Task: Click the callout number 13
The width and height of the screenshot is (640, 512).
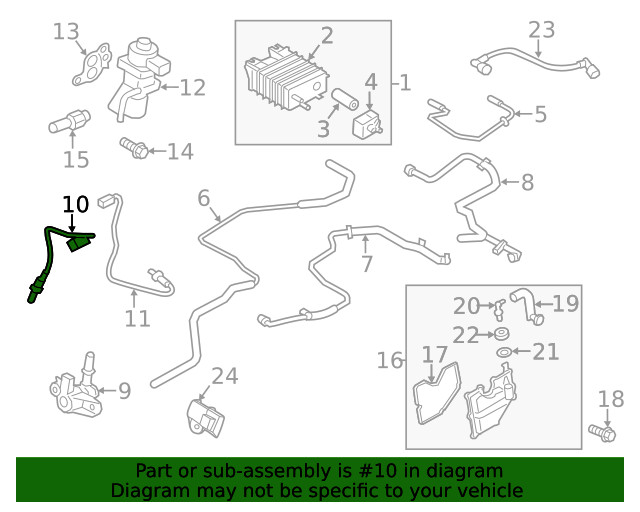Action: tap(66, 32)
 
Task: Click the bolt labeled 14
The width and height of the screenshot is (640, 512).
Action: tap(133, 149)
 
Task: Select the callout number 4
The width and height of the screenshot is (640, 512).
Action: tap(370, 81)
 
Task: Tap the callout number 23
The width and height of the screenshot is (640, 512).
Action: tap(541, 30)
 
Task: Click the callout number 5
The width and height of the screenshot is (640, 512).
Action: tap(540, 114)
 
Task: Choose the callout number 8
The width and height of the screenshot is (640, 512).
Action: tap(527, 182)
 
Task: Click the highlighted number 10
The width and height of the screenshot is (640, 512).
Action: tap(75, 204)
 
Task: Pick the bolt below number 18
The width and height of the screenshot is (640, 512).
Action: tap(600, 433)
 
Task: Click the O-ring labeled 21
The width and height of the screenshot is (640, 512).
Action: tap(503, 352)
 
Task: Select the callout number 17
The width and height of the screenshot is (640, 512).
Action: tap(434, 355)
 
